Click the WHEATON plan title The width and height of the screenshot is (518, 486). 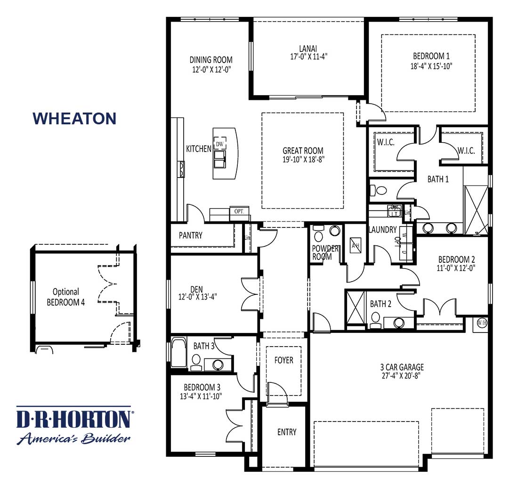(74, 118)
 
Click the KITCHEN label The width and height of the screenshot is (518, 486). (199, 149)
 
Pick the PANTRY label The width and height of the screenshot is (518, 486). (191, 235)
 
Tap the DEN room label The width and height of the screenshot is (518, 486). (196, 289)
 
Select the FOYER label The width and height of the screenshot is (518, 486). (283, 360)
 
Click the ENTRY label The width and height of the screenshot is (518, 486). (287, 432)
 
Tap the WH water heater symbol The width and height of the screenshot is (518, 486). (482, 323)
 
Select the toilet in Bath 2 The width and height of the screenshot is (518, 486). (376, 322)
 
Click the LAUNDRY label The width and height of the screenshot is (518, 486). (383, 230)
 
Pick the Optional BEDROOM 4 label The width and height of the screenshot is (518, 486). (66, 297)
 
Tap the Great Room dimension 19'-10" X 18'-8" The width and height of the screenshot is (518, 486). (303, 159)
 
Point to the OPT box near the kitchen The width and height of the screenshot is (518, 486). (239, 211)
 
